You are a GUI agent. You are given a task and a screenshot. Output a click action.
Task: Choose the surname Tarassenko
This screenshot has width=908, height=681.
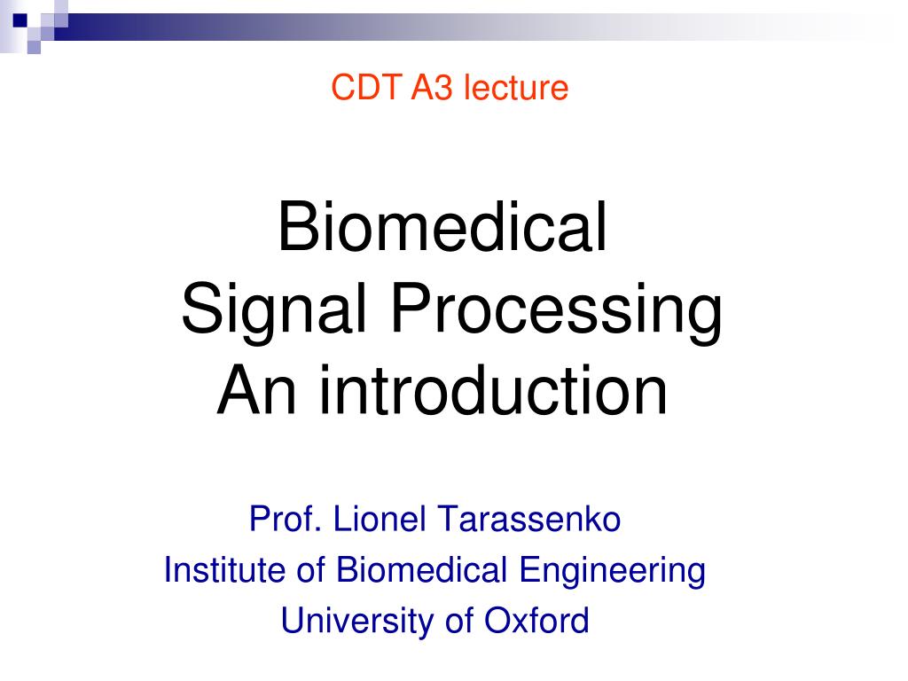point(528,520)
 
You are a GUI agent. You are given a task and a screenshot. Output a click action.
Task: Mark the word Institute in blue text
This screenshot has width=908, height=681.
point(224,570)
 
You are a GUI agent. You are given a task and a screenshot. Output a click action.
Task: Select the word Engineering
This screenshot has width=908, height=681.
point(612,570)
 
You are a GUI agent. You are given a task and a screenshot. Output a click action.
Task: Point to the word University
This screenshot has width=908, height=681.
point(358,621)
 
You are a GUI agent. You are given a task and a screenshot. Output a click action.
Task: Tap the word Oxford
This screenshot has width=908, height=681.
point(536,621)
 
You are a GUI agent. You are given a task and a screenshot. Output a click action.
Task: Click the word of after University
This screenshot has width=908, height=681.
point(458,621)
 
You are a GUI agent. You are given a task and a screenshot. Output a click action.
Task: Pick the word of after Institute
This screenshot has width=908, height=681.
point(310,570)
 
